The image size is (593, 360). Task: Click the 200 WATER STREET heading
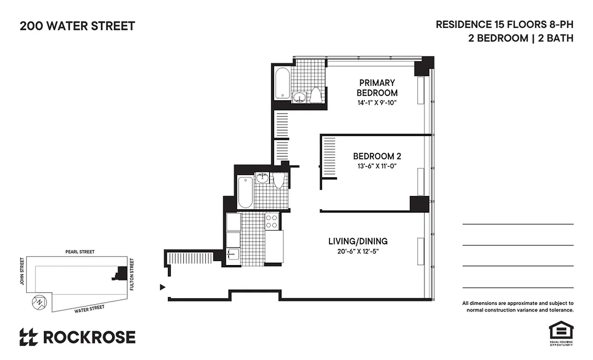tap(77, 26)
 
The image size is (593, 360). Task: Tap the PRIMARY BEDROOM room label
tap(377, 88)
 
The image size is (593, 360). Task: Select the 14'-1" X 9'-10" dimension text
tap(377, 103)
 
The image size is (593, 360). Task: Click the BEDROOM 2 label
tap(377, 156)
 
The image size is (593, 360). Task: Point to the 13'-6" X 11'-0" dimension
tap(377, 166)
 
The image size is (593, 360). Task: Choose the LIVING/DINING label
tap(358, 241)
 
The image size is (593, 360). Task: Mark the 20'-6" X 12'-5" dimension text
tap(358, 252)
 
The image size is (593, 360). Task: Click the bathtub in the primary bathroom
tap(282, 83)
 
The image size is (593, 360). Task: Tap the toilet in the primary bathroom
tap(316, 95)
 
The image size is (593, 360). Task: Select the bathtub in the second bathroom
tap(245, 192)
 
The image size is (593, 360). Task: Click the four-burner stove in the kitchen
tap(271, 221)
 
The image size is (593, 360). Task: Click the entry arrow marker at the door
tap(163, 287)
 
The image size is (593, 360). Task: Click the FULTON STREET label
tap(132, 274)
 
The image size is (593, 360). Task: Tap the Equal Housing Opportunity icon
tap(560, 332)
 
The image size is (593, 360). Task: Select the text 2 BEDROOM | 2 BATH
tap(521, 38)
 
